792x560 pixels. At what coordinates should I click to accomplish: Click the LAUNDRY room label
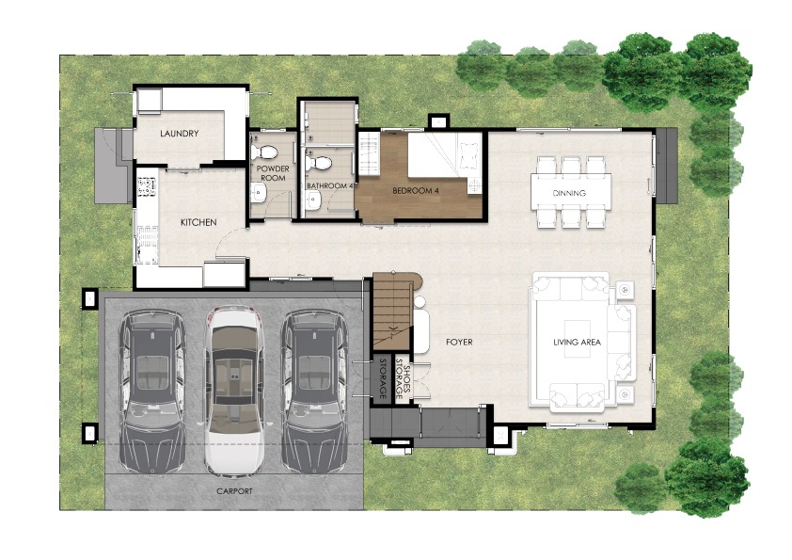click(180, 134)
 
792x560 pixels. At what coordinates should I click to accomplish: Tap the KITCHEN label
click(198, 222)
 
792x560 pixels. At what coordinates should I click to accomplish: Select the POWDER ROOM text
click(273, 173)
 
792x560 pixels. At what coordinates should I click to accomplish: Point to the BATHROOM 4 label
click(330, 186)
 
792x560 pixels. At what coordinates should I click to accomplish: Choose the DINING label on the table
click(569, 193)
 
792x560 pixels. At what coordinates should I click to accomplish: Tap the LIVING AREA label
click(577, 343)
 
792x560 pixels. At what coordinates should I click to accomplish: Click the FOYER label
click(459, 343)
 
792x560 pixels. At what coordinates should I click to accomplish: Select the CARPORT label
click(234, 491)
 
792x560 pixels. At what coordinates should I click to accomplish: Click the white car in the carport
click(234, 391)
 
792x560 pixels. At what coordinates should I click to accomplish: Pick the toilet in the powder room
click(264, 152)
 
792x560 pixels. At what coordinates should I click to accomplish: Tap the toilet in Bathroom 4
click(318, 163)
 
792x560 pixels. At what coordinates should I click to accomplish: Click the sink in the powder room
click(259, 192)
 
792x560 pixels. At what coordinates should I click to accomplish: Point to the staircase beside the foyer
click(393, 311)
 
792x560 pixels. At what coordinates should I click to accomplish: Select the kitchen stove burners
click(147, 185)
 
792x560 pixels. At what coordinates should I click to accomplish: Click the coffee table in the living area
click(578, 338)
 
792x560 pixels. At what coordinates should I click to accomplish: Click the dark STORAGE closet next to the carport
click(383, 377)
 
